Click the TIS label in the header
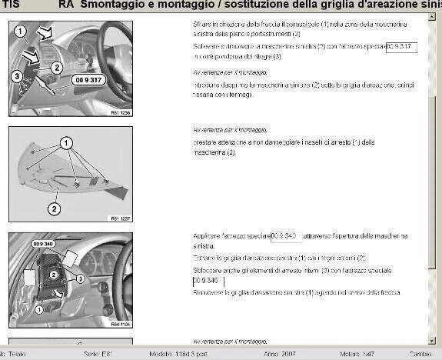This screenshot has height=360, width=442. coord(13,5)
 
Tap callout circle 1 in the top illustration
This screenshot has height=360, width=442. coord(21,32)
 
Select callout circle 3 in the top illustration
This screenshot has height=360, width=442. coord(17,75)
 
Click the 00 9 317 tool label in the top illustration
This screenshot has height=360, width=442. coord(88,79)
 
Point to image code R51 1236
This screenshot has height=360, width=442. coord(121,113)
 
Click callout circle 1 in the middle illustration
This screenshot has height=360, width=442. coord(66,143)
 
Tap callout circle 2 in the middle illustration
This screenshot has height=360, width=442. coord(54,207)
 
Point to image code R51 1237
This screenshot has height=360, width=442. coord(121,218)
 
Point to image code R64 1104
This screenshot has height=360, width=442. coord(121,324)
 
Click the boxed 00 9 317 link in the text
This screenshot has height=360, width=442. coord(401,48)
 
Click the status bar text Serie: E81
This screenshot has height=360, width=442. coord(98,353)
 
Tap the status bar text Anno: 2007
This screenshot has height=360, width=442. coord(278,353)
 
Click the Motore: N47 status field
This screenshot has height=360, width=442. coord(345,353)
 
